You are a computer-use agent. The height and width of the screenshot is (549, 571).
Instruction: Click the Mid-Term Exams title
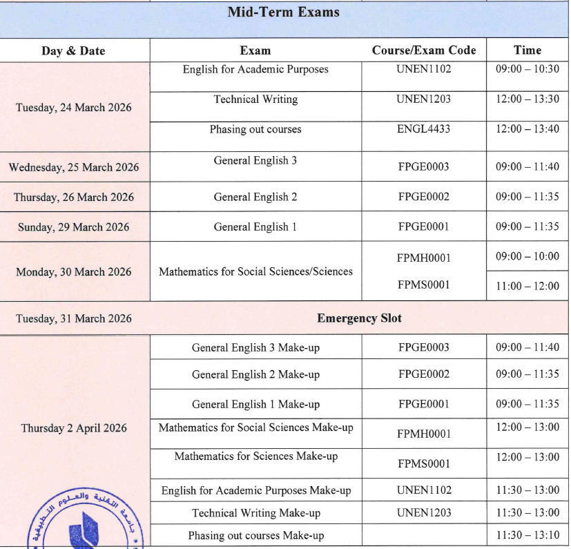click(x=284, y=12)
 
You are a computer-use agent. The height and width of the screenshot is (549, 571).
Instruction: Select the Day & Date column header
click(x=74, y=50)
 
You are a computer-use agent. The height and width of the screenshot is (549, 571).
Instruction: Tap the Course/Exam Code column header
click(x=424, y=50)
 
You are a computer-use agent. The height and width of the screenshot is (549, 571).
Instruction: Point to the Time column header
click(x=528, y=50)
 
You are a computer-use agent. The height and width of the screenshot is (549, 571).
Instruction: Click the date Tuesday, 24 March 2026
click(x=74, y=108)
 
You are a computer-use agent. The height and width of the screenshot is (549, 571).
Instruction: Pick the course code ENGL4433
click(x=424, y=129)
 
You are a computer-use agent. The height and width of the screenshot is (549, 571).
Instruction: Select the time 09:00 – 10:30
click(x=528, y=69)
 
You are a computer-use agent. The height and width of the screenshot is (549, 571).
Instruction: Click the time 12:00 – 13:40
click(x=528, y=129)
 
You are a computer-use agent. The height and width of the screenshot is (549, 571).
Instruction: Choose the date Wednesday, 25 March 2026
click(x=74, y=167)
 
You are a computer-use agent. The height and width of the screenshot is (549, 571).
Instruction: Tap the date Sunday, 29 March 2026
click(x=74, y=227)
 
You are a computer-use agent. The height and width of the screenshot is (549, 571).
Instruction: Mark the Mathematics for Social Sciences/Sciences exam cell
click(x=255, y=271)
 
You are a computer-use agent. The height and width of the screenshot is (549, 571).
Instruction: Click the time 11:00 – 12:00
click(x=528, y=286)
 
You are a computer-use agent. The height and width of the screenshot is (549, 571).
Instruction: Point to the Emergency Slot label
click(x=359, y=318)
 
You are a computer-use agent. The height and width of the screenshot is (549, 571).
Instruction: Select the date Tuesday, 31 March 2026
click(x=74, y=318)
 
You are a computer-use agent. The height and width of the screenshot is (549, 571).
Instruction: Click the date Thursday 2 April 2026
click(x=74, y=428)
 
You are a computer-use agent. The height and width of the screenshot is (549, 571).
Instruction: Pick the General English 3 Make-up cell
click(x=255, y=347)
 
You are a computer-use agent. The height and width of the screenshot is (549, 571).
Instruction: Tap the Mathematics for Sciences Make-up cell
click(x=255, y=456)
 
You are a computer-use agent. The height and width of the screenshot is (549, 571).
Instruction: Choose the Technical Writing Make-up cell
click(x=255, y=513)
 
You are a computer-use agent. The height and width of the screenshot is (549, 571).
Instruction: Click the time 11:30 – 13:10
click(x=528, y=536)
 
